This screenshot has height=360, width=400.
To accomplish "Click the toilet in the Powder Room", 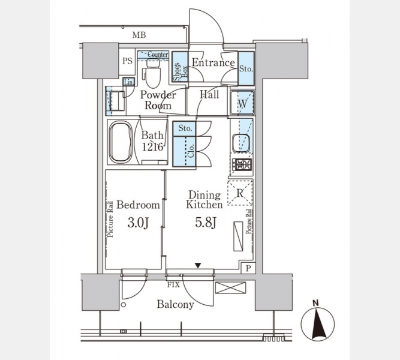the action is (153, 73).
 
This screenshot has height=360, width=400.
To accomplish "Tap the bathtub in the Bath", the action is (121, 142).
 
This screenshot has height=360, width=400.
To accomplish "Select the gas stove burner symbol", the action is (242, 164).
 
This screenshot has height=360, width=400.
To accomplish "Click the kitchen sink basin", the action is (241, 143).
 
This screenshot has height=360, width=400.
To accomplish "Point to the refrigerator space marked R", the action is (240, 193).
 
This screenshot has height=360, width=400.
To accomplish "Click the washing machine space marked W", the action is (242, 103).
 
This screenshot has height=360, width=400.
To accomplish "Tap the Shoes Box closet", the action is (180, 67).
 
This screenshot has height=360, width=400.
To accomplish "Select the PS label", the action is (127, 61).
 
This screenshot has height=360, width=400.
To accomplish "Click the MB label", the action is (139, 35).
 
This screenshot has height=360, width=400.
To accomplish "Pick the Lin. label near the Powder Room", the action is (129, 82).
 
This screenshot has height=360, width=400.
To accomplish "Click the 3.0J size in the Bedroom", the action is (138, 223).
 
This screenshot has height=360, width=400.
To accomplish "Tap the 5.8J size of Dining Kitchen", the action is (206, 223).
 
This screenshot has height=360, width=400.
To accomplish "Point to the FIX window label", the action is (173, 284).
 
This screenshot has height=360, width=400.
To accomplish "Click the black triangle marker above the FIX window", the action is (198, 266).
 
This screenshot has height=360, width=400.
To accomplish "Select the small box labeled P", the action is (248, 268).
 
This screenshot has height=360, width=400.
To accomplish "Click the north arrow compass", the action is (317, 322).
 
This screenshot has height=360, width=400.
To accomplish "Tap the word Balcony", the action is (175, 304).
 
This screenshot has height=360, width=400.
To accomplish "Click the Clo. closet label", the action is (191, 151).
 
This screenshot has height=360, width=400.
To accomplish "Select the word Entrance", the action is (213, 62).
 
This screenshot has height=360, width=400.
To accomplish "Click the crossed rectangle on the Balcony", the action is (231, 287).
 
